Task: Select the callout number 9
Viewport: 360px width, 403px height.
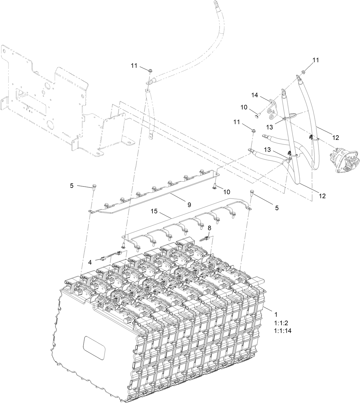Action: (189, 205)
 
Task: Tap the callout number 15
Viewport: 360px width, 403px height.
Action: (154, 211)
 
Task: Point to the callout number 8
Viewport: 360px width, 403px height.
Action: (209, 228)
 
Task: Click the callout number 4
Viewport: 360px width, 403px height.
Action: (90, 262)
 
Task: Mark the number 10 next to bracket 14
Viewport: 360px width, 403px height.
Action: (244, 107)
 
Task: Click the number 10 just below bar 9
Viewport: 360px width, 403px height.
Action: (227, 192)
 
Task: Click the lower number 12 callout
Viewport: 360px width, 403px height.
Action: (322, 196)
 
